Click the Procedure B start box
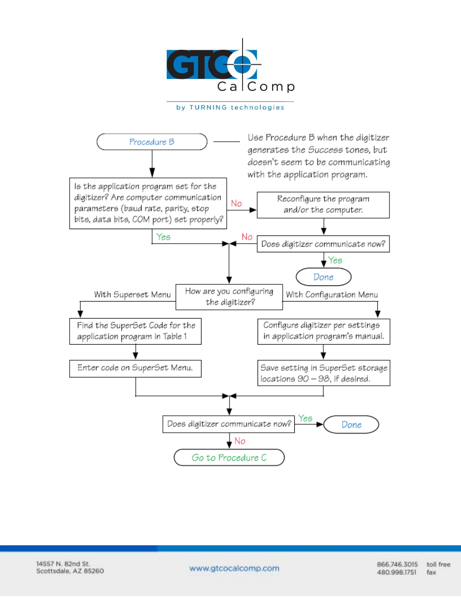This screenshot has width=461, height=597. (x=152, y=142)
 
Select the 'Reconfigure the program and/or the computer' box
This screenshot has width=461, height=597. (x=323, y=205)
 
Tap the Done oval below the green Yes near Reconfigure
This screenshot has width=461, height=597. (x=323, y=277)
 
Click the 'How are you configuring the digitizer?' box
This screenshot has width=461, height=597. (x=229, y=297)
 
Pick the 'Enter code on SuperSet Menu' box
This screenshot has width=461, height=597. (x=135, y=369)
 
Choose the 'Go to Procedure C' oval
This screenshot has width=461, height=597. (x=229, y=457)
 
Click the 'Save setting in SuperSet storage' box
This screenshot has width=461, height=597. (x=324, y=373)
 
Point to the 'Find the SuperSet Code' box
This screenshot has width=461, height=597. (x=135, y=331)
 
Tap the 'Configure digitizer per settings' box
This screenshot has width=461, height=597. (x=324, y=331)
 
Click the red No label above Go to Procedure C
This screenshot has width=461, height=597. (x=240, y=441)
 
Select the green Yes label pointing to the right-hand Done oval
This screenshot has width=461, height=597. (x=305, y=418)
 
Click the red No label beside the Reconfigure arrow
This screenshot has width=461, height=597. (x=236, y=204)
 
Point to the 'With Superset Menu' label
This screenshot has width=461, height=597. (x=132, y=294)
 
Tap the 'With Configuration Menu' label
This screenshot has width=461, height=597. (x=331, y=294)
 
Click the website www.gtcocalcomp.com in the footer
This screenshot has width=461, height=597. (x=234, y=568)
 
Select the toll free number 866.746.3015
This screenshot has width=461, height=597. (x=397, y=564)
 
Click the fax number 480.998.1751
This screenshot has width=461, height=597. (x=396, y=572)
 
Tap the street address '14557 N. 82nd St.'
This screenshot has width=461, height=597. (x=63, y=564)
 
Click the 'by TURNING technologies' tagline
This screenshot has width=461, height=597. (x=230, y=107)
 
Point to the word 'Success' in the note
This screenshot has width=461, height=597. (x=325, y=150)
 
